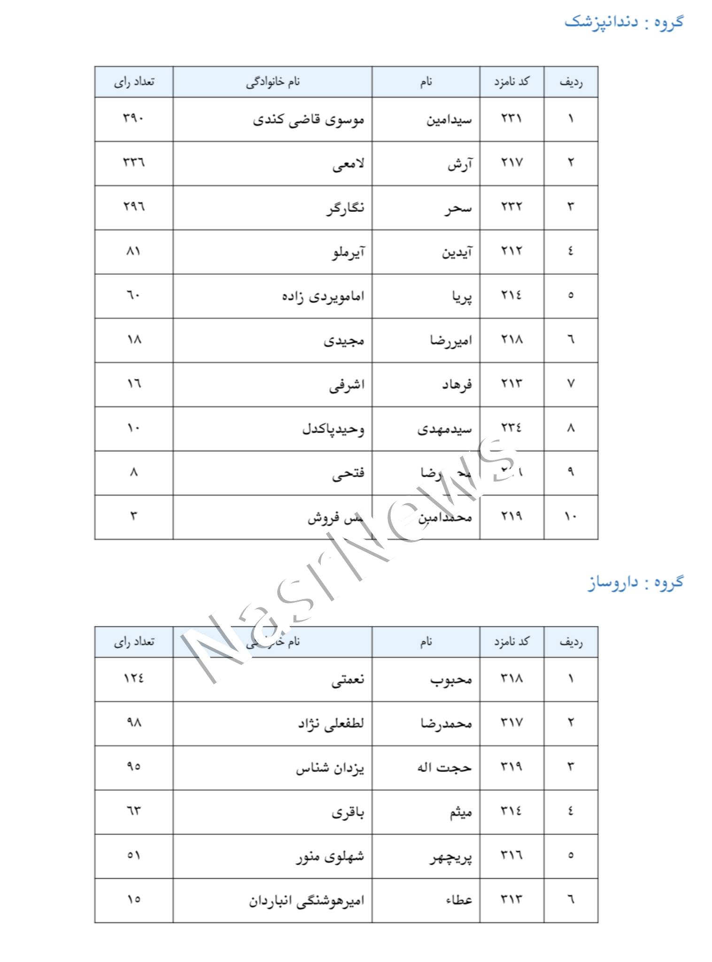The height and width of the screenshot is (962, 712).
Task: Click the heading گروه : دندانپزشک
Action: click(624, 22)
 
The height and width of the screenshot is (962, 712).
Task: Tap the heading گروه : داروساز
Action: click(635, 582)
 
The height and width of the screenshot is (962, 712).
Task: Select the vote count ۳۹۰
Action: click(134, 118)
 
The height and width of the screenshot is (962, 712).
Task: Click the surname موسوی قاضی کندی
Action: click(309, 120)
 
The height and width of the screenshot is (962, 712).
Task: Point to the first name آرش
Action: click(460, 164)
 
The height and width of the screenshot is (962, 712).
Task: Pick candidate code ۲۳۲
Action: click(511, 207)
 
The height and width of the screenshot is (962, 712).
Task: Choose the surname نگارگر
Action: click(346, 208)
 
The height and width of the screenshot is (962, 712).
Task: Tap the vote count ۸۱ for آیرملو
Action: click(134, 251)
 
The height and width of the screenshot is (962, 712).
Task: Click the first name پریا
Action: click(462, 296)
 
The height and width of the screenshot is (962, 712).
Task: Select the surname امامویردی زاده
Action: click(323, 296)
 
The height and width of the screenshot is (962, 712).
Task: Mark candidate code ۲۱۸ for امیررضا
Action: click(511, 340)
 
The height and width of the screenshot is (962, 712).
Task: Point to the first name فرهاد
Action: click(457, 385)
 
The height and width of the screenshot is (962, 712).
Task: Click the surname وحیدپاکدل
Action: click(333, 429)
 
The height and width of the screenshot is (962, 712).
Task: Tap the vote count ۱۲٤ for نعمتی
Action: click(134, 678)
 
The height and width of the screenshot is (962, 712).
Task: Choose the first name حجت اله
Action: click(444, 768)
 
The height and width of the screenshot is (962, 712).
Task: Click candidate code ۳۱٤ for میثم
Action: click(511, 811)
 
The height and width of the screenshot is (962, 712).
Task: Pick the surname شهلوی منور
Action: click(330, 856)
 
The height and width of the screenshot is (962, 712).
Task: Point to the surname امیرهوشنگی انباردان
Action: click(307, 900)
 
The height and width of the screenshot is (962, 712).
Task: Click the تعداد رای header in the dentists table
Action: click(134, 82)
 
